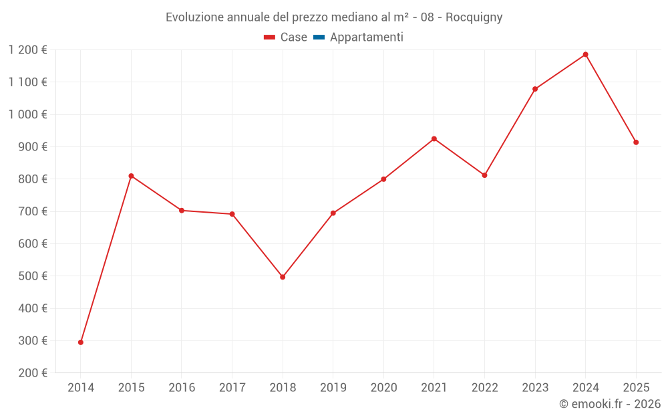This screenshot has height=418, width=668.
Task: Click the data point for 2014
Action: [81, 342]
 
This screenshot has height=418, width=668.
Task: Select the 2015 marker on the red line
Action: [131, 176]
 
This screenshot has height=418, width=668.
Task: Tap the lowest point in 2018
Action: [283, 277]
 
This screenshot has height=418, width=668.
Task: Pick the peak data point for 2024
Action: [585, 54]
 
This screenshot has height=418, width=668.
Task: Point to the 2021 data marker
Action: [434, 138]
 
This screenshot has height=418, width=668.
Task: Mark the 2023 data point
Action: [535, 89]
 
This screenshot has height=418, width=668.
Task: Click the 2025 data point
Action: [636, 142]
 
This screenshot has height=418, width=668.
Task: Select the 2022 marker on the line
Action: [484, 175]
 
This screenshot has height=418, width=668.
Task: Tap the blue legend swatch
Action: [319, 37]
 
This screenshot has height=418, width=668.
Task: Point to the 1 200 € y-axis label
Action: [27, 49]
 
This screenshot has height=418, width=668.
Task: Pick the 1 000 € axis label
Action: [27, 114]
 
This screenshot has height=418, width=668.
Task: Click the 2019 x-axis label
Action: [333, 387]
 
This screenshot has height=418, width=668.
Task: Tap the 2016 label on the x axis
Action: [182, 387]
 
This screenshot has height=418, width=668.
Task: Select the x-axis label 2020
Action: [383, 387]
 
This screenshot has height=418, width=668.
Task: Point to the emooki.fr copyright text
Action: [610, 404]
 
